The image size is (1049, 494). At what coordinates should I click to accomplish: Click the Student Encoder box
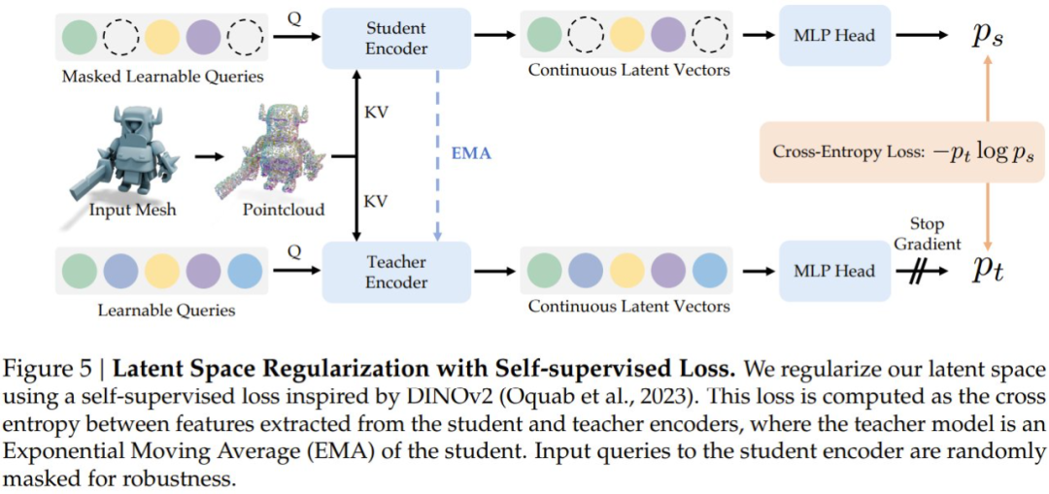(x=395, y=37)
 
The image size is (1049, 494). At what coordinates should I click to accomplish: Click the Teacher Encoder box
(x=395, y=271)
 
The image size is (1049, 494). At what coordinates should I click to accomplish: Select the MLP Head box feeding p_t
(x=834, y=271)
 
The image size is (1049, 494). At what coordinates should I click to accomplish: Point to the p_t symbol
(x=987, y=272)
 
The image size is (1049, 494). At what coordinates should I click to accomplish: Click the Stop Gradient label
(x=927, y=233)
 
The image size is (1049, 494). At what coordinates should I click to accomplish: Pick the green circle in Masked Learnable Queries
(x=79, y=37)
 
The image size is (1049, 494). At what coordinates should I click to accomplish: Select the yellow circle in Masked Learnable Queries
(x=162, y=37)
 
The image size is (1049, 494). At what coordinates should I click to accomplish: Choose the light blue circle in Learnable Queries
(x=244, y=271)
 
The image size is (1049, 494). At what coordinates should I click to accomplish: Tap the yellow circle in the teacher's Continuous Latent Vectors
(x=626, y=271)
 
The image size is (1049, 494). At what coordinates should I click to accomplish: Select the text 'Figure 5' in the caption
(x=40, y=371)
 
